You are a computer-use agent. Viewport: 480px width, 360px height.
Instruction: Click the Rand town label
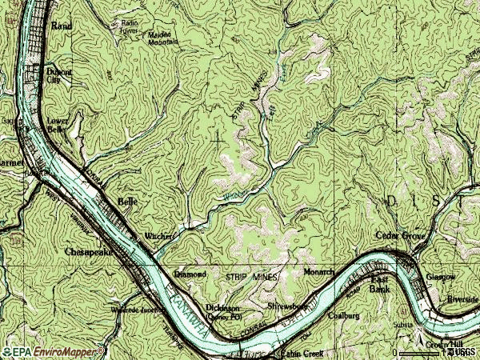coord(62,26)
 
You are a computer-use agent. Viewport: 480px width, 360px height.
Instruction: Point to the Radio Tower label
coord(130,27)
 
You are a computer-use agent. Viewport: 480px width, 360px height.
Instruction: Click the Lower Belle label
coord(57,124)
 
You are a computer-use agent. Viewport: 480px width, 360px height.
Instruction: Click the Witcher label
coord(158,236)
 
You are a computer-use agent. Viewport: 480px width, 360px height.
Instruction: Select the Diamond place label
coord(190,274)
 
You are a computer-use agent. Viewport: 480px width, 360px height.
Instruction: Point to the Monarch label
coord(319,272)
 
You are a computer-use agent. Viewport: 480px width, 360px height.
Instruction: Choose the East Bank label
coord(378,284)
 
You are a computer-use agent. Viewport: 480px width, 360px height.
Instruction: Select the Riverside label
coord(462,299)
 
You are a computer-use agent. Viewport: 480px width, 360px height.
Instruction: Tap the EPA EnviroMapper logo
coord(45,351)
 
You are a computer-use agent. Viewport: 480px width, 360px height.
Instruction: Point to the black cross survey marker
coord(218,138)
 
